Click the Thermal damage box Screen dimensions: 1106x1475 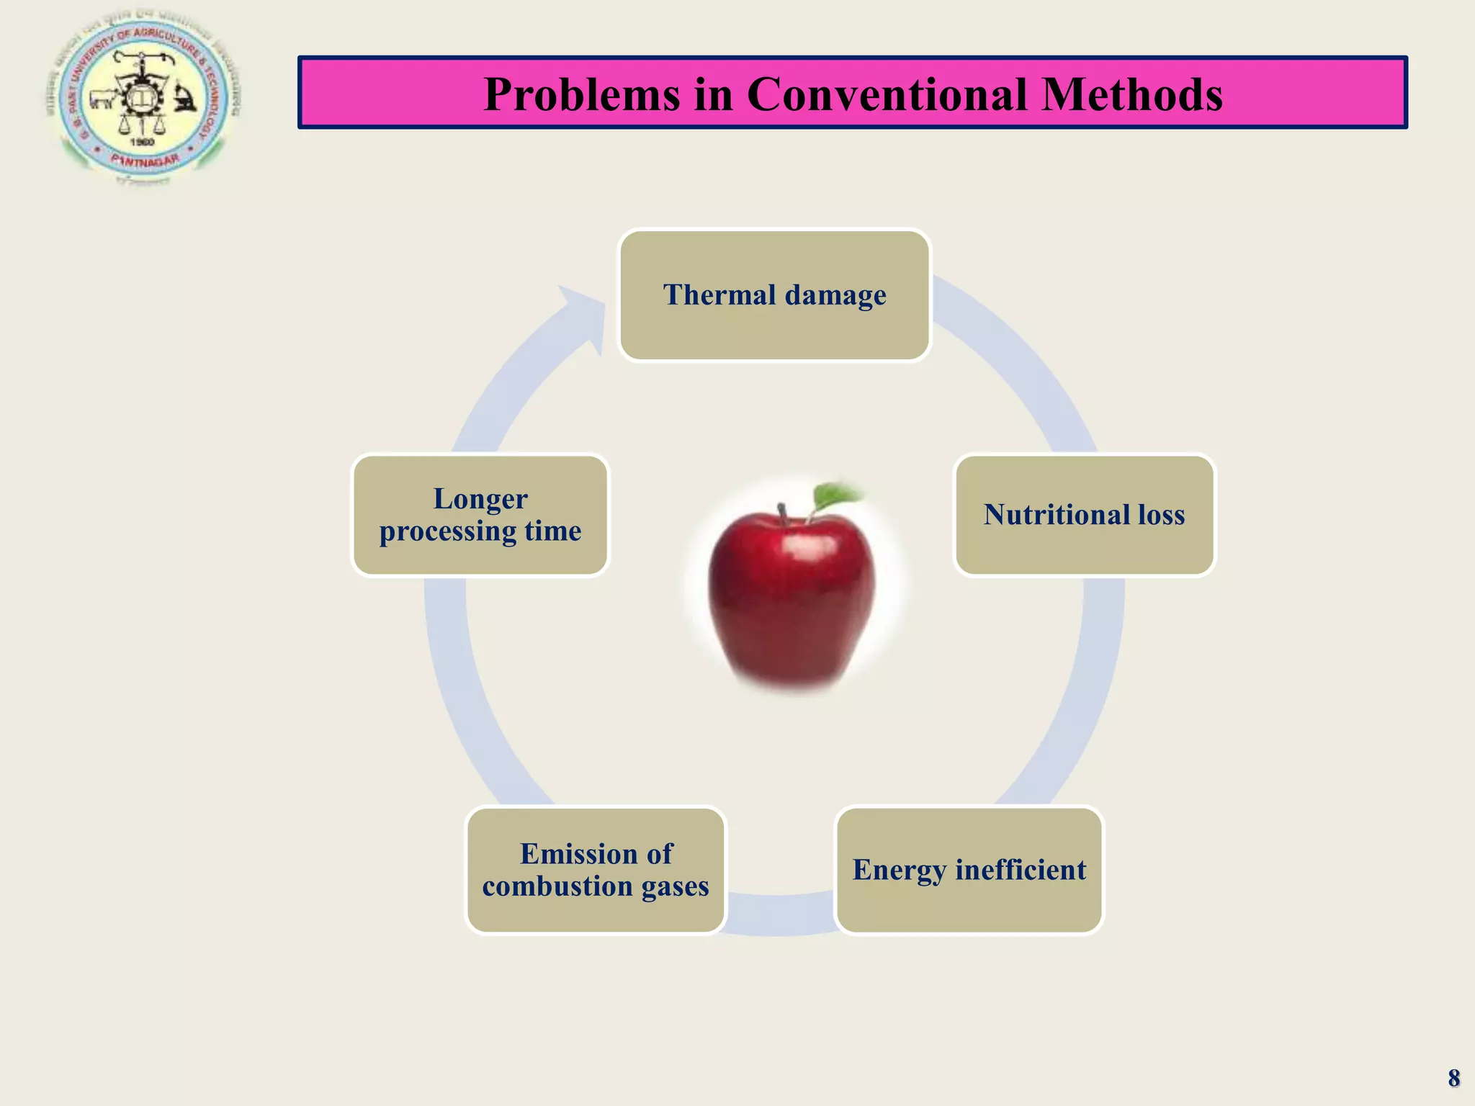774,295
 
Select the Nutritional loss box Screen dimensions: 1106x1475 1084,515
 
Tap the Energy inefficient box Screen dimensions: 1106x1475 969,870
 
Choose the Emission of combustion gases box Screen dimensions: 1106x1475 596,870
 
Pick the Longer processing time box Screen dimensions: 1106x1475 480,515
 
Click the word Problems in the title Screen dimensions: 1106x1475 581,94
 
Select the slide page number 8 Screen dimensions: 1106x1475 1453,1078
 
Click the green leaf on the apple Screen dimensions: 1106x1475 835,496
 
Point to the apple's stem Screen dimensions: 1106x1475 783,513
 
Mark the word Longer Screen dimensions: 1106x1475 480,498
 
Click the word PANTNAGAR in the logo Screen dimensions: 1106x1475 145,160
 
